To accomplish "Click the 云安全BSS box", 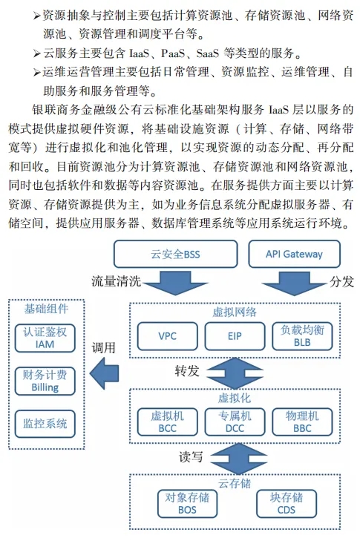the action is pos(175,254).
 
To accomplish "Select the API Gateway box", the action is pos(294,254).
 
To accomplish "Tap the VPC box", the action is pos(168,336).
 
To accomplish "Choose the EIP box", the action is pos(235,336).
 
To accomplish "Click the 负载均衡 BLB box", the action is pos(302,336).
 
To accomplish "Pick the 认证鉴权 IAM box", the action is pos(45,338).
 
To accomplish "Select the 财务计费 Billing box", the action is pos(45,381).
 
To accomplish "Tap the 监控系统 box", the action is pos(45,424).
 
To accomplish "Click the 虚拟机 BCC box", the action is pos(168,422).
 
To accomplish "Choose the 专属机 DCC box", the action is pos(235,422).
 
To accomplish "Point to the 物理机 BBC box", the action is pos(302,422).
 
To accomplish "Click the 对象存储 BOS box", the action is pos(187,504).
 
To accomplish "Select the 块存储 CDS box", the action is pos(287,504).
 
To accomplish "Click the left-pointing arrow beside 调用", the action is pos(104,373).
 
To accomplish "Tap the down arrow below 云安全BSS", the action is pos(175,283).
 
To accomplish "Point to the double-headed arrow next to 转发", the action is pos(235,373).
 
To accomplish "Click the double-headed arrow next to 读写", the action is pos(239,459).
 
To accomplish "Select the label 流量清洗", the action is pos(117,281).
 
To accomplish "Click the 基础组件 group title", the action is pos(46,309).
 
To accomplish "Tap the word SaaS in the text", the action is pos(208,53).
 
